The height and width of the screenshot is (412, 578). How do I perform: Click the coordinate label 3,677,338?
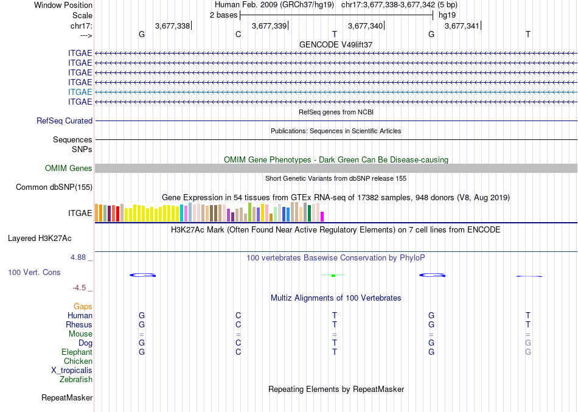pyautogui.click(x=172, y=26)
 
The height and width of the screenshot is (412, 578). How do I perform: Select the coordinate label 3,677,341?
pyautogui.click(x=462, y=26)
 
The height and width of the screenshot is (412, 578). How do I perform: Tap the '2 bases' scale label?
pyautogui.click(x=223, y=15)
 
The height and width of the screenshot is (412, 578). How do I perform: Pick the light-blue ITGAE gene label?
pyautogui.click(x=80, y=92)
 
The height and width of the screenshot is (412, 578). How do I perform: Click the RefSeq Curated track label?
pyautogui.click(x=64, y=121)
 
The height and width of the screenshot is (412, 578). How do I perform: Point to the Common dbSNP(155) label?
pyautogui.click(x=54, y=187)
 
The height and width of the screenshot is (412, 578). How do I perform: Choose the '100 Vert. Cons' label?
pyautogui.click(x=35, y=273)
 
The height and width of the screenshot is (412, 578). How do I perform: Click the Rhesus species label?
pyautogui.click(x=79, y=325)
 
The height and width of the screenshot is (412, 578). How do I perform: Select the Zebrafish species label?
pyautogui.click(x=76, y=380)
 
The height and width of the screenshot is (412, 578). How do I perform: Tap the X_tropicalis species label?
pyautogui.click(x=72, y=371)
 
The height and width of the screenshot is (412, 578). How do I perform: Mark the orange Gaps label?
pyautogui.click(x=83, y=307)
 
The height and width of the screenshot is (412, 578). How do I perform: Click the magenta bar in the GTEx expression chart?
pyautogui.click(x=322, y=216)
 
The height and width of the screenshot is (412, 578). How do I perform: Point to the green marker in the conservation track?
pyautogui.click(x=333, y=276)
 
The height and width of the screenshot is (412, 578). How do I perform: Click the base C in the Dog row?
pyautogui.click(x=239, y=343)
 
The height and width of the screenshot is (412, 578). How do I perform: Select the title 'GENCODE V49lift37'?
pyautogui.click(x=336, y=45)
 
